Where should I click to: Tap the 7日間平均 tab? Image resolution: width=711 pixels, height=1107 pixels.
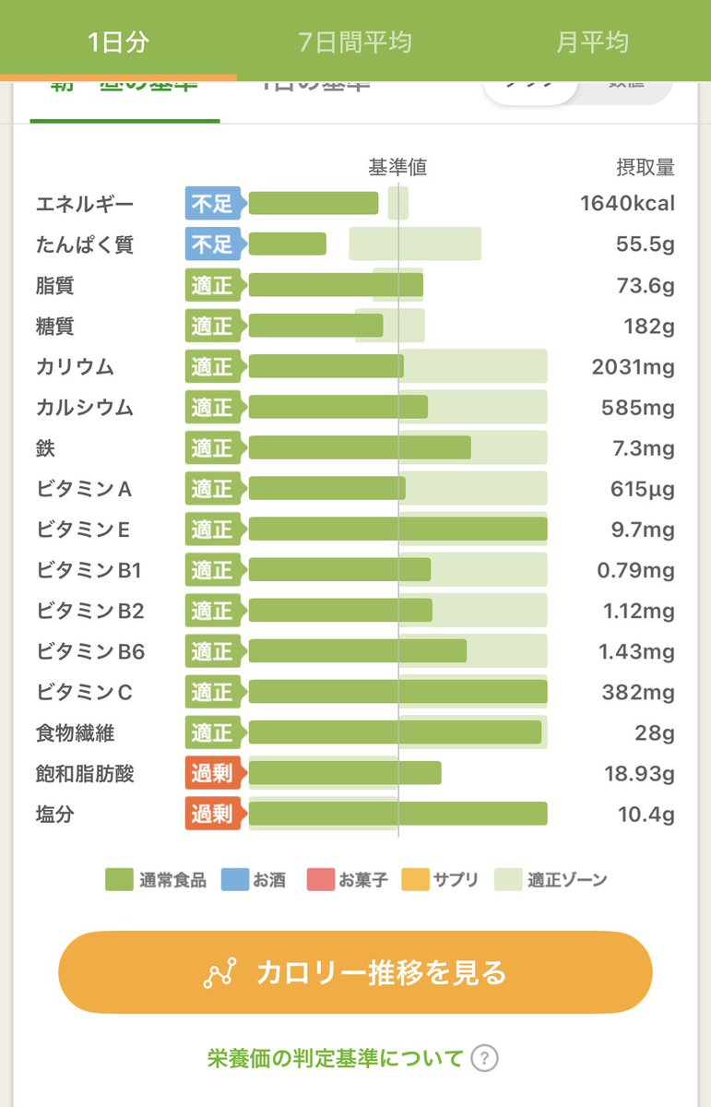[355, 42]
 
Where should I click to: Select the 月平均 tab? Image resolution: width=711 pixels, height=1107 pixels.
[592, 42]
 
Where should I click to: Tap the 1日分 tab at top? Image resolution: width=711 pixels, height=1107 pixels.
[118, 42]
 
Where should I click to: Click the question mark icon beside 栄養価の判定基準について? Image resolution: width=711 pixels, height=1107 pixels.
[484, 1058]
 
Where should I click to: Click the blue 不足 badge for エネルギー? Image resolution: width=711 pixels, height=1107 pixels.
[212, 204]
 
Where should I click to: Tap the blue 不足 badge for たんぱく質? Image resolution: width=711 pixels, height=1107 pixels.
[212, 244]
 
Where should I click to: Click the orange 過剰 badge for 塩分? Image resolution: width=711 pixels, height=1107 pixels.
[212, 814]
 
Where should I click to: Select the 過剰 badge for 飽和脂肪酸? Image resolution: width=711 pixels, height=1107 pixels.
[212, 773]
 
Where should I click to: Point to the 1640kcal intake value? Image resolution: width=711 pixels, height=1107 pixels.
[627, 204]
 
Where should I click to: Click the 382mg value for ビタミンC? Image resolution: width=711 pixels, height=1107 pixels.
[638, 692]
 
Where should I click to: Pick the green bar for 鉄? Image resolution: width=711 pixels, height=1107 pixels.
[360, 448]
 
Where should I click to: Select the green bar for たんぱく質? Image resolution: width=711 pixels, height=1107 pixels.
[288, 244]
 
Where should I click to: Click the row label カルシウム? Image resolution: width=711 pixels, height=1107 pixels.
[85, 408]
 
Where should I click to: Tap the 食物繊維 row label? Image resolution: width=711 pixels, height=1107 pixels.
[76, 733]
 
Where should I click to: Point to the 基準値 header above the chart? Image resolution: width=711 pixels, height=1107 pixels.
[397, 168]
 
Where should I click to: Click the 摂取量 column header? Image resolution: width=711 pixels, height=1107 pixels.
[645, 168]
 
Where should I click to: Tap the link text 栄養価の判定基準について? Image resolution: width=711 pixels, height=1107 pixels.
[335, 1058]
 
